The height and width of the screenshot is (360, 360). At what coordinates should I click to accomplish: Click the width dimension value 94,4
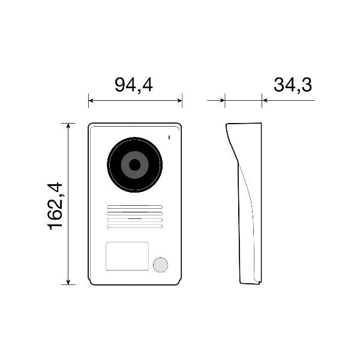point(134,85)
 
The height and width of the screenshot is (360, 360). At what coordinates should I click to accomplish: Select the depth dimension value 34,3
point(293,85)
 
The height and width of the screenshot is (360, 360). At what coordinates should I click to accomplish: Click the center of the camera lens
point(135,164)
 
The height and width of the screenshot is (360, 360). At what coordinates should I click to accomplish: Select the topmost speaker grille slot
point(135,207)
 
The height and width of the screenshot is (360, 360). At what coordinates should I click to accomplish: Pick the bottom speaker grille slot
point(135,226)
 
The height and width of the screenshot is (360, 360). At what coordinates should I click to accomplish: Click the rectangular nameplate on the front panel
point(127,256)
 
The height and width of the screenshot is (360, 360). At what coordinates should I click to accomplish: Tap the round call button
point(160,265)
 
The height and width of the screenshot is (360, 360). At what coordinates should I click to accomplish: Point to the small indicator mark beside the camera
point(169,139)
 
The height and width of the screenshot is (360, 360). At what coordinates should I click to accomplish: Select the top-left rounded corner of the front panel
point(91,126)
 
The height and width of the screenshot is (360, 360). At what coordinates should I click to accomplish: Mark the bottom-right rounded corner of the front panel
point(179,281)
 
